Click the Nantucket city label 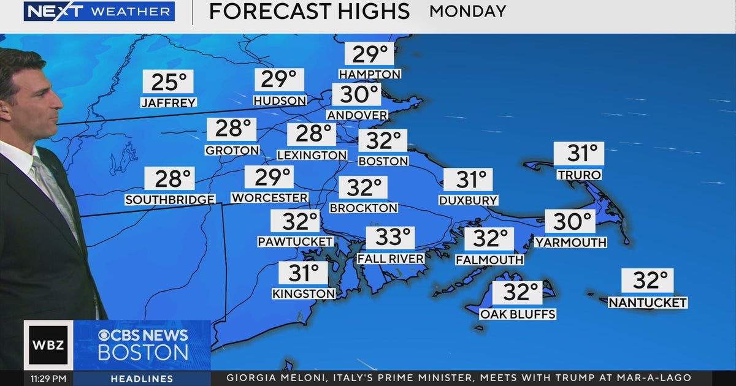647,303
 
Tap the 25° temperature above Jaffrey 168,82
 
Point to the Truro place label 579,175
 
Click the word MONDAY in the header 468,11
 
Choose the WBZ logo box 48,345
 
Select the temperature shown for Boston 383,141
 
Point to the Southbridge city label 170,200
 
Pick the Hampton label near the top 370,74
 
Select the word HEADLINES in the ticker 142,379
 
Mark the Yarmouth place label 570,243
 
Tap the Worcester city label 269,198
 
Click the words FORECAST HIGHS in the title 309,11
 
